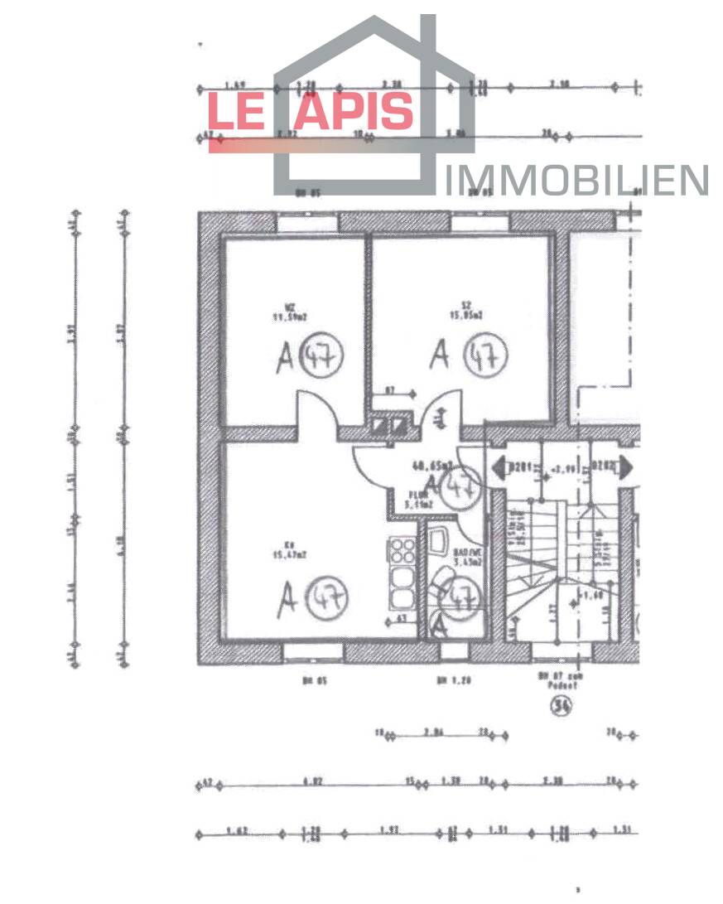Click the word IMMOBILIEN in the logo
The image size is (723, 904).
click(576, 181)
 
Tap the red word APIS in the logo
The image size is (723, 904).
click(354, 111)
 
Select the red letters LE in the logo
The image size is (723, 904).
click(235, 111)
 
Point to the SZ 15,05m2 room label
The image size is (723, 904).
click(461, 311)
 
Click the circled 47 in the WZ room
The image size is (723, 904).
click(321, 356)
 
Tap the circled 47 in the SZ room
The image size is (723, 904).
click(484, 356)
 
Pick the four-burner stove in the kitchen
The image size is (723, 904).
click(402, 550)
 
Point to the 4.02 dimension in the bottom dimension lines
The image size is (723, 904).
click(312, 781)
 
